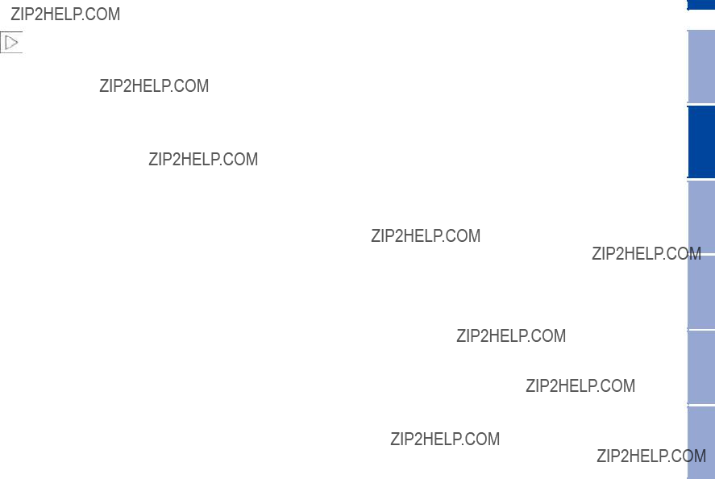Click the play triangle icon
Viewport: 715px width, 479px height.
tap(11, 43)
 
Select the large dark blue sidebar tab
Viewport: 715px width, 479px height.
tap(701, 141)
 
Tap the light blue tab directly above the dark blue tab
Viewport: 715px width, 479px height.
tap(701, 67)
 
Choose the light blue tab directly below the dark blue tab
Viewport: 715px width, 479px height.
tap(701, 217)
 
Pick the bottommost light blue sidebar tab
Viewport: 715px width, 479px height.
tap(701, 443)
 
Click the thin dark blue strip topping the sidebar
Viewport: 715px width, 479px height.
tap(701, 5)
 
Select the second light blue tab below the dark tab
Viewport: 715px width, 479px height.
tap(701, 292)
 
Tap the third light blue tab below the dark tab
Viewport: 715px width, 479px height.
tap(701, 367)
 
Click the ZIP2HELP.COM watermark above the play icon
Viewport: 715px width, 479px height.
tap(65, 15)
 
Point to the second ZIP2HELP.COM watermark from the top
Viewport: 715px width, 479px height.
tap(154, 85)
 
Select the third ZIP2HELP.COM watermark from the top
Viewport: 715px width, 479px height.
tap(203, 159)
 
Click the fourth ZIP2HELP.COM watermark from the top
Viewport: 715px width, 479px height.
tap(426, 235)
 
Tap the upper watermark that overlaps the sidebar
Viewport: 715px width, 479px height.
tap(646, 254)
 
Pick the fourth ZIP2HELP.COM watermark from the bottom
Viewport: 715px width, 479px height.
tap(511, 335)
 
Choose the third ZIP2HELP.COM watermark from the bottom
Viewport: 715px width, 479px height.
tap(580, 386)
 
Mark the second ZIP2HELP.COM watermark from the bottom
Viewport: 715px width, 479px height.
tap(445, 439)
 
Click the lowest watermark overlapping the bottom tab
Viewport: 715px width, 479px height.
tap(651, 456)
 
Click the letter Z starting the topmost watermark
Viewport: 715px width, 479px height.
tap(15, 15)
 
